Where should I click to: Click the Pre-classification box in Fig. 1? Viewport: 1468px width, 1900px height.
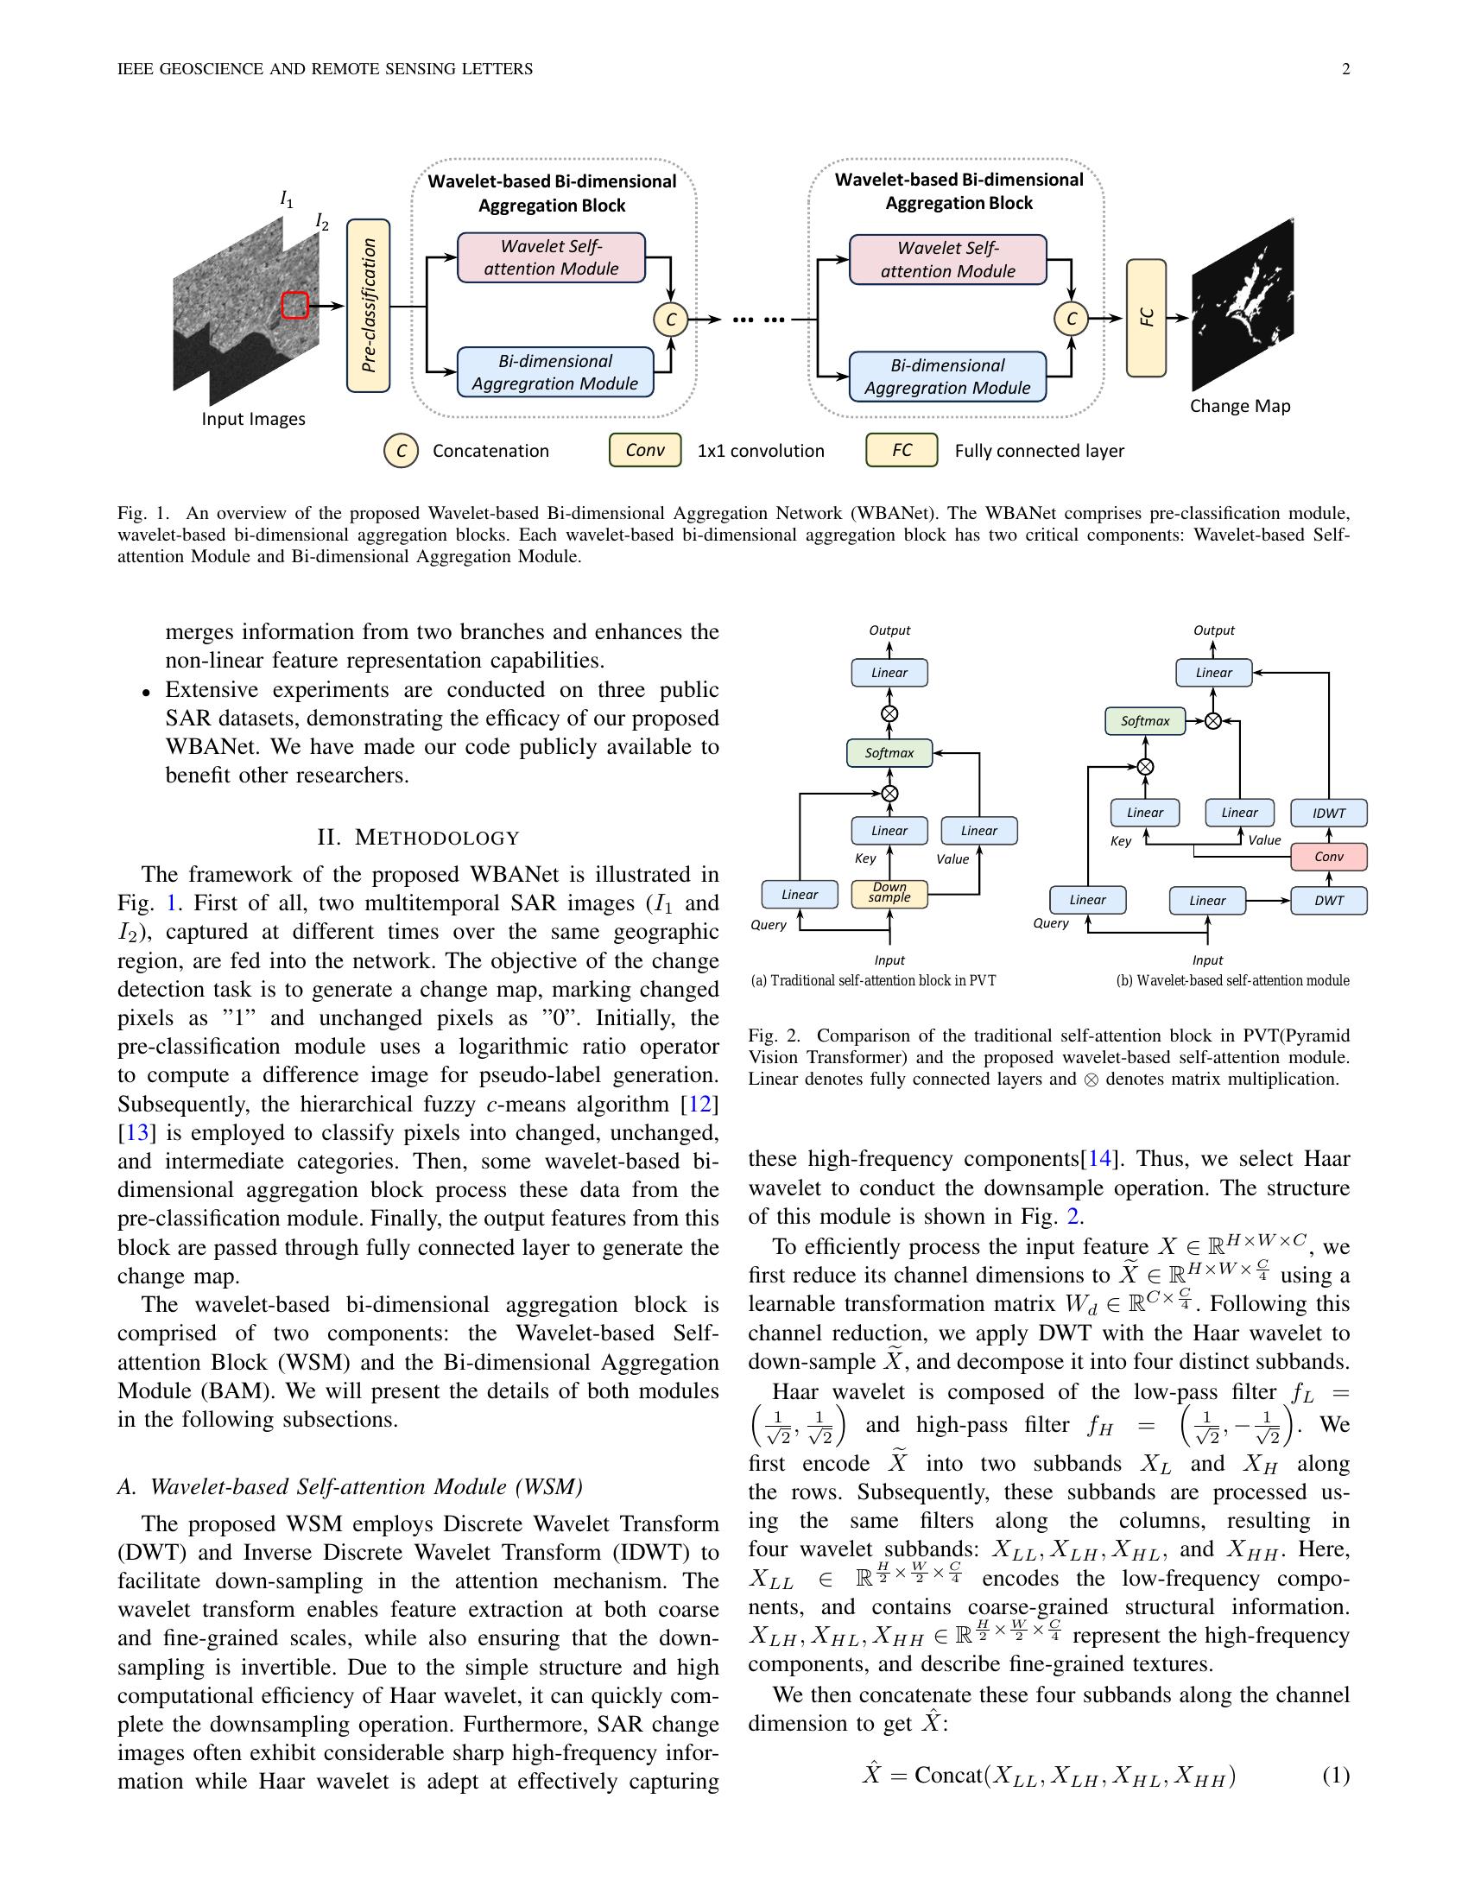point(368,306)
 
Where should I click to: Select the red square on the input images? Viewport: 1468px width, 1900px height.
point(295,306)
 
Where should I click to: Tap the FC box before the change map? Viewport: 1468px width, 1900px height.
point(1146,318)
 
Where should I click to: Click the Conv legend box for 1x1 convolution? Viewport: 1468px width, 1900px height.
point(644,450)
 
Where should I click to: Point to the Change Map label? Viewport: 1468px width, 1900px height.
point(1239,406)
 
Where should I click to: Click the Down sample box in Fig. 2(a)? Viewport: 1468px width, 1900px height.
point(889,894)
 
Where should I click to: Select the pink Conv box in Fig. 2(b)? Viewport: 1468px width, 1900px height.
point(1328,856)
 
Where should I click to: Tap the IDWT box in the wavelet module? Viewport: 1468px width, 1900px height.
point(1328,813)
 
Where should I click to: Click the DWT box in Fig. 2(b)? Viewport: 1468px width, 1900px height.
point(1328,901)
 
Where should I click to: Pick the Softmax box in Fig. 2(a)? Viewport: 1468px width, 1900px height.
point(889,752)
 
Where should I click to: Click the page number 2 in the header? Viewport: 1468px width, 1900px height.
point(1345,70)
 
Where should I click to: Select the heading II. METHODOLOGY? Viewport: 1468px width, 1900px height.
point(418,838)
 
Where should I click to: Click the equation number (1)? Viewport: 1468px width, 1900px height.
point(1336,1776)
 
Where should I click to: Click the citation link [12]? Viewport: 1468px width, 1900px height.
point(699,1104)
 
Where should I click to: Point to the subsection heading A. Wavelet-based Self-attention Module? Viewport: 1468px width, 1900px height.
point(350,1487)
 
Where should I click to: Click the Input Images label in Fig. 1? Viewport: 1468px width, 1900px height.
point(253,420)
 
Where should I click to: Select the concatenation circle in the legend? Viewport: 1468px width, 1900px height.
point(401,451)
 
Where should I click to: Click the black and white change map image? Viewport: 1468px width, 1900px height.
point(1242,305)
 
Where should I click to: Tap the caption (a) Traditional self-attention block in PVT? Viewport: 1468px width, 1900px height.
point(872,980)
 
